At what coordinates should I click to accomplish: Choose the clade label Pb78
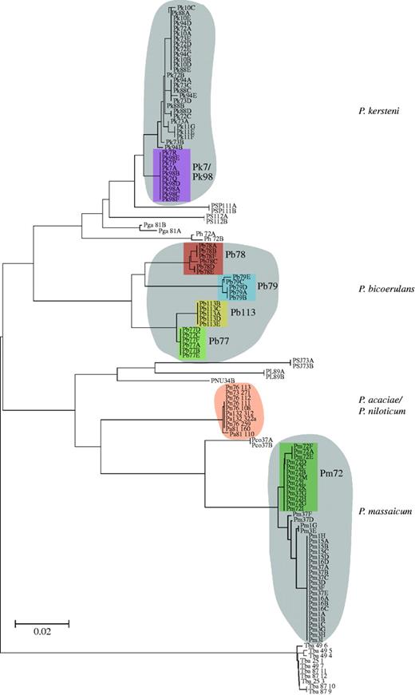pyautogui.click(x=235, y=255)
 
